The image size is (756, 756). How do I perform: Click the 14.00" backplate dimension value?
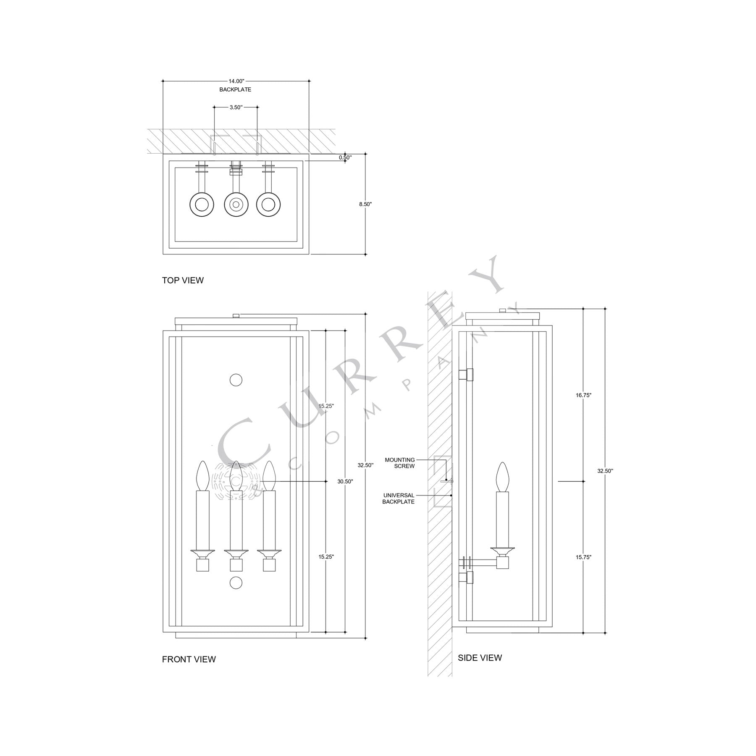tap(236, 81)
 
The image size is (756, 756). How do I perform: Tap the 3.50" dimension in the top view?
tap(236, 107)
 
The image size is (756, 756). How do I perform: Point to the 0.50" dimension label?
tap(345, 157)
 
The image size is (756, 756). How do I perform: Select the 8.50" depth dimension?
tap(365, 204)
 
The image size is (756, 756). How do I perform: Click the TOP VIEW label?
tap(183, 280)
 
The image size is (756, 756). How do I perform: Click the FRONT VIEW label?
tap(189, 659)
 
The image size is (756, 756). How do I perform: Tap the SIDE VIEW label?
tap(480, 657)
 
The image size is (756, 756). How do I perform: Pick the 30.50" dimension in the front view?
tap(345, 482)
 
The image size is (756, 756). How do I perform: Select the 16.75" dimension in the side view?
tap(584, 395)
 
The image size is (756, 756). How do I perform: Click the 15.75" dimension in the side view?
tap(584, 557)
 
